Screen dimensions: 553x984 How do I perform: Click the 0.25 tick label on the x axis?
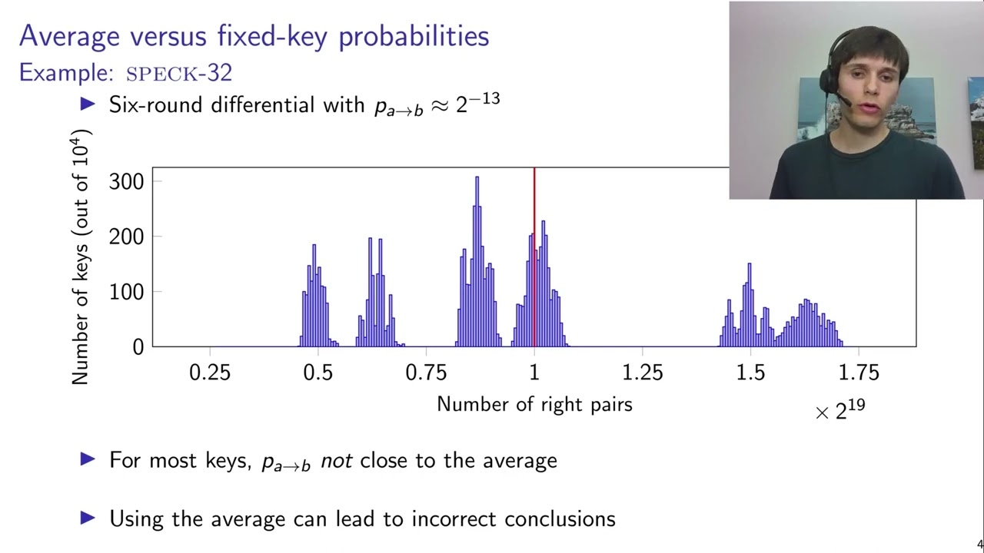click(210, 373)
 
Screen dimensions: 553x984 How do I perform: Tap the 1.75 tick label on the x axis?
click(859, 373)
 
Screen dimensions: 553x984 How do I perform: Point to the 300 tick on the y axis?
click(127, 181)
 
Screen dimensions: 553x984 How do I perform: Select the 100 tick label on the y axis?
click(127, 292)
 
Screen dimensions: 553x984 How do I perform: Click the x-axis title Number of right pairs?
click(534, 404)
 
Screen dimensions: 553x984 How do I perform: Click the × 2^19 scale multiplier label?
click(840, 410)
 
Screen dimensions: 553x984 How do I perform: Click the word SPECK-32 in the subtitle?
click(178, 74)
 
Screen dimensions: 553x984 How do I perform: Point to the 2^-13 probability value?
click(477, 102)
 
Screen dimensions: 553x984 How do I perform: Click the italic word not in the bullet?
click(336, 461)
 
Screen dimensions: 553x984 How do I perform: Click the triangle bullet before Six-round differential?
click(88, 104)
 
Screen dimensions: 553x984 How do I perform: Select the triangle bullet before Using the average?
click(88, 518)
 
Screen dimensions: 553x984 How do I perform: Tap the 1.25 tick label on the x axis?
click(643, 373)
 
